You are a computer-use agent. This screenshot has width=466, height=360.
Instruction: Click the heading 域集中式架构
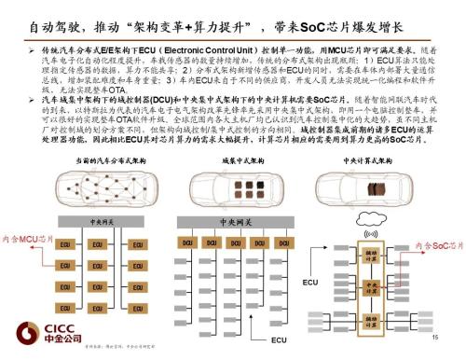click(226, 160)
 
